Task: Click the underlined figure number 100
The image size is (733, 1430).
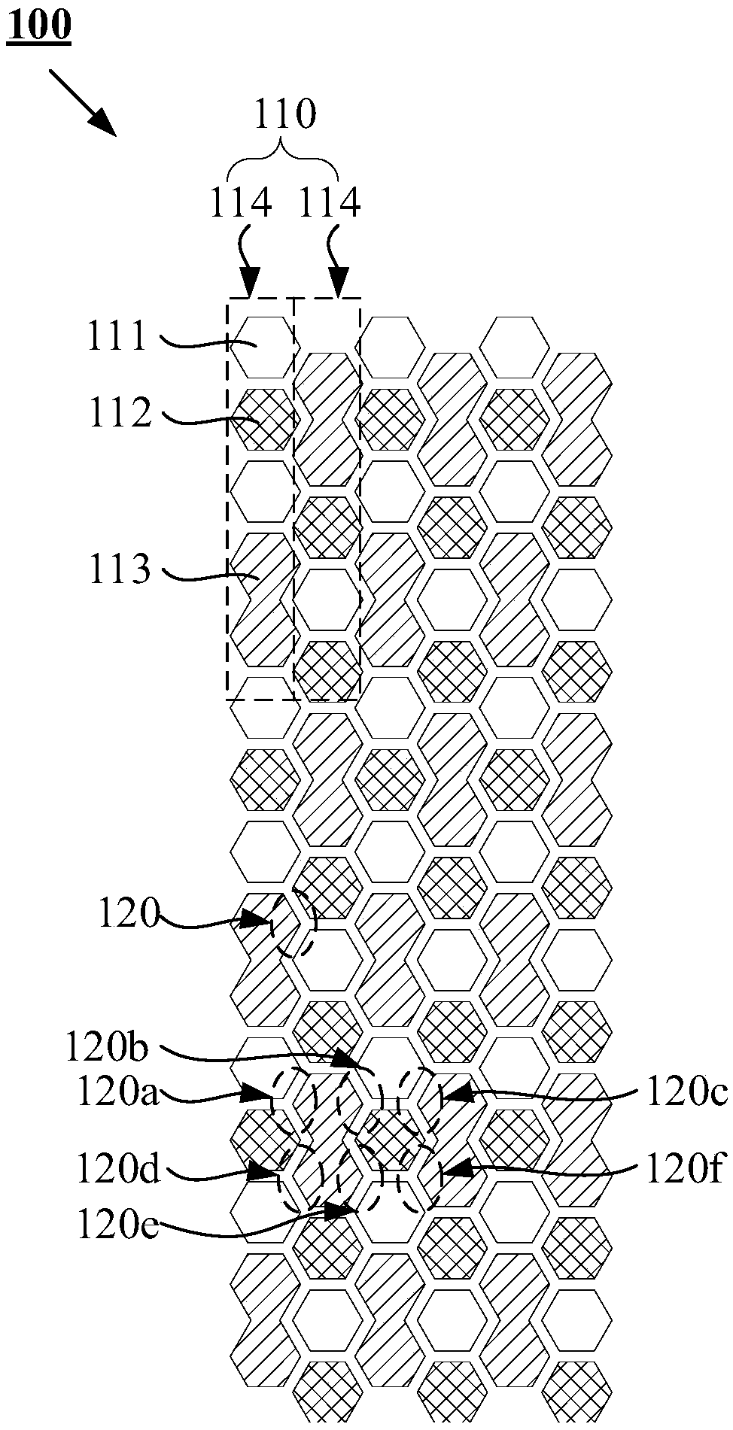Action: (x=39, y=26)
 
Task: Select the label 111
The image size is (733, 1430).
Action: (x=117, y=336)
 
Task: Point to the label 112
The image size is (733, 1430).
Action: (x=120, y=412)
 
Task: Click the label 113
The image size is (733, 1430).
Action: (x=120, y=569)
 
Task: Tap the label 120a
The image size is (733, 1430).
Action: (x=117, y=1093)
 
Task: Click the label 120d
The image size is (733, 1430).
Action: (x=117, y=1170)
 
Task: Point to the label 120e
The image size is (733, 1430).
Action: (x=117, y=1225)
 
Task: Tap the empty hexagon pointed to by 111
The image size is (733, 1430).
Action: (x=260, y=346)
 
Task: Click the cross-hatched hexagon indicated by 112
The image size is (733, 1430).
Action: (x=260, y=418)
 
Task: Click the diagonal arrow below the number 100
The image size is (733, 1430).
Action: (x=83, y=102)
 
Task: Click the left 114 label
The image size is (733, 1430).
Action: (x=241, y=204)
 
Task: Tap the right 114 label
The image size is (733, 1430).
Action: (x=330, y=204)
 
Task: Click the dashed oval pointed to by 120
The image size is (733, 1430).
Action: (x=294, y=922)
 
